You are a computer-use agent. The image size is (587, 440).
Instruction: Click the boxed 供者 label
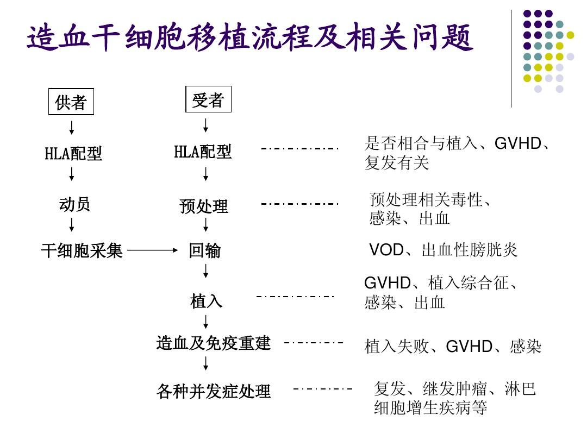tap(71, 102)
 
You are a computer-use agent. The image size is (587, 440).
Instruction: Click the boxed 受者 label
tap(208, 99)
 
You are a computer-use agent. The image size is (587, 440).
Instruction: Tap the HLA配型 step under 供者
tap(73, 153)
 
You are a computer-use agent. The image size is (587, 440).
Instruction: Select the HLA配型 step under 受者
tap(203, 152)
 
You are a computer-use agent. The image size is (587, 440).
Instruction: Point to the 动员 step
tap(74, 204)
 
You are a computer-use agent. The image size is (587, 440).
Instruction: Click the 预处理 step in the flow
tap(204, 206)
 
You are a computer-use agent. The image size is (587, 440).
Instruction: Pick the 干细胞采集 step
tap(82, 250)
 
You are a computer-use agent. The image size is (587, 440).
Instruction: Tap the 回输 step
tap(205, 250)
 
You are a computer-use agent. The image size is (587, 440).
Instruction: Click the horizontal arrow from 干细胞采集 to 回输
tap(152, 250)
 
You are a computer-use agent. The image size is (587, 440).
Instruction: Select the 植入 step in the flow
tap(207, 301)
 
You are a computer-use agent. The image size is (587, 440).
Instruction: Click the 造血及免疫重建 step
tap(214, 343)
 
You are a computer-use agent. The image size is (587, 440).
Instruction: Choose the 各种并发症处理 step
tap(214, 391)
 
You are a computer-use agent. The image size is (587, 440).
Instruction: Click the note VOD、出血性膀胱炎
tap(444, 249)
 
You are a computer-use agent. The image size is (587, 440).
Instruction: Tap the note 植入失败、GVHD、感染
tap(453, 346)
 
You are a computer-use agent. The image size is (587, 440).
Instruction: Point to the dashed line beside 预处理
tap(300, 204)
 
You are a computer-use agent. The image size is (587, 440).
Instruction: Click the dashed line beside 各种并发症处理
tap(323, 389)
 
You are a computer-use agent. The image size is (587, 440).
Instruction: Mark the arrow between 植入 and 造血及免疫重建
tap(205, 322)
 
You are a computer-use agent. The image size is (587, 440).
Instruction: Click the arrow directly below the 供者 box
tap(72, 128)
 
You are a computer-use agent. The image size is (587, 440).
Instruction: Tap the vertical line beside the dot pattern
tap(511, 59)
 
